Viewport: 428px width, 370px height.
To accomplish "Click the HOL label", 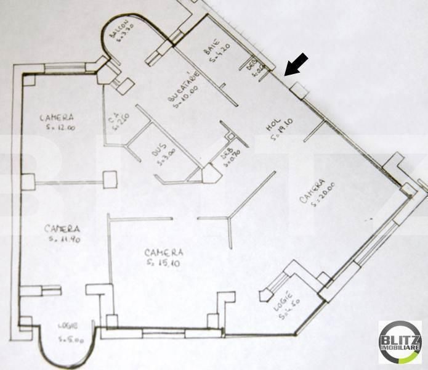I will [x=269, y=126].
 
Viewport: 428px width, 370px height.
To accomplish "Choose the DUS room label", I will [x=156, y=150].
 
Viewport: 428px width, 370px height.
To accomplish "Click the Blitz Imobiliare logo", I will [x=400, y=343].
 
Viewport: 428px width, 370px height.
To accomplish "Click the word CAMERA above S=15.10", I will [x=163, y=253].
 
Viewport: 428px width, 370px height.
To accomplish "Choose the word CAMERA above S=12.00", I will [x=57, y=117].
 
